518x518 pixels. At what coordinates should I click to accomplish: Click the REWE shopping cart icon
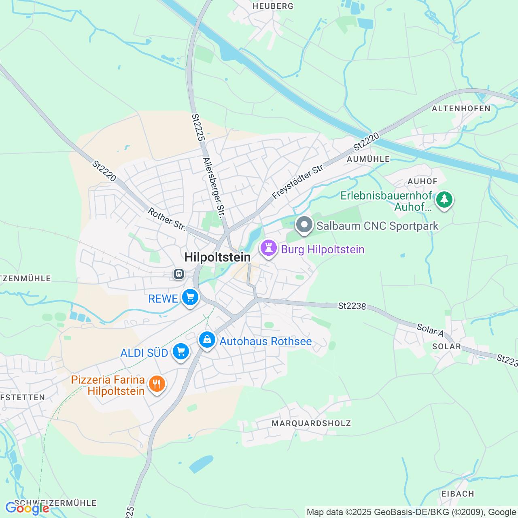pos(190,298)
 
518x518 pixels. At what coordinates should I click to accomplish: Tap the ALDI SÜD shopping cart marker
pos(180,352)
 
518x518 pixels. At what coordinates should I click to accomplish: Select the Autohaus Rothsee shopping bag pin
pos(207,340)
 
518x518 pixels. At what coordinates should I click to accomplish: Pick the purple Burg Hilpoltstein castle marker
pos(268,248)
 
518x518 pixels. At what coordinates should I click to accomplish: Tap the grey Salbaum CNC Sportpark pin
pos(304,225)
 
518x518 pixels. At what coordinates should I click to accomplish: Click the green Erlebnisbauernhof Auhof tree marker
pos(444,199)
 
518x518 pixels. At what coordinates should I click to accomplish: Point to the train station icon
pos(178,274)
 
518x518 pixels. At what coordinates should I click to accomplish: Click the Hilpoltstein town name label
pos(217,257)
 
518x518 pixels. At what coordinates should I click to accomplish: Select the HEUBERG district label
pos(273,6)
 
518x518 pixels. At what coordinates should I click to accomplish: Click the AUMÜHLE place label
pos(368,159)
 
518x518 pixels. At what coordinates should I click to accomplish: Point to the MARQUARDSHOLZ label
pos(311,423)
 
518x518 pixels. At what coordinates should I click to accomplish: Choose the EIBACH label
pos(458,494)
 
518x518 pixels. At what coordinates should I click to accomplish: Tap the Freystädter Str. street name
pos(299,181)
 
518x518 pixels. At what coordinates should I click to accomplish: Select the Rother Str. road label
pos(166,219)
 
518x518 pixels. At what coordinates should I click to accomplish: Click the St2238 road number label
pos(352,306)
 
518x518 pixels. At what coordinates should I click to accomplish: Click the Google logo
pos(27,508)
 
